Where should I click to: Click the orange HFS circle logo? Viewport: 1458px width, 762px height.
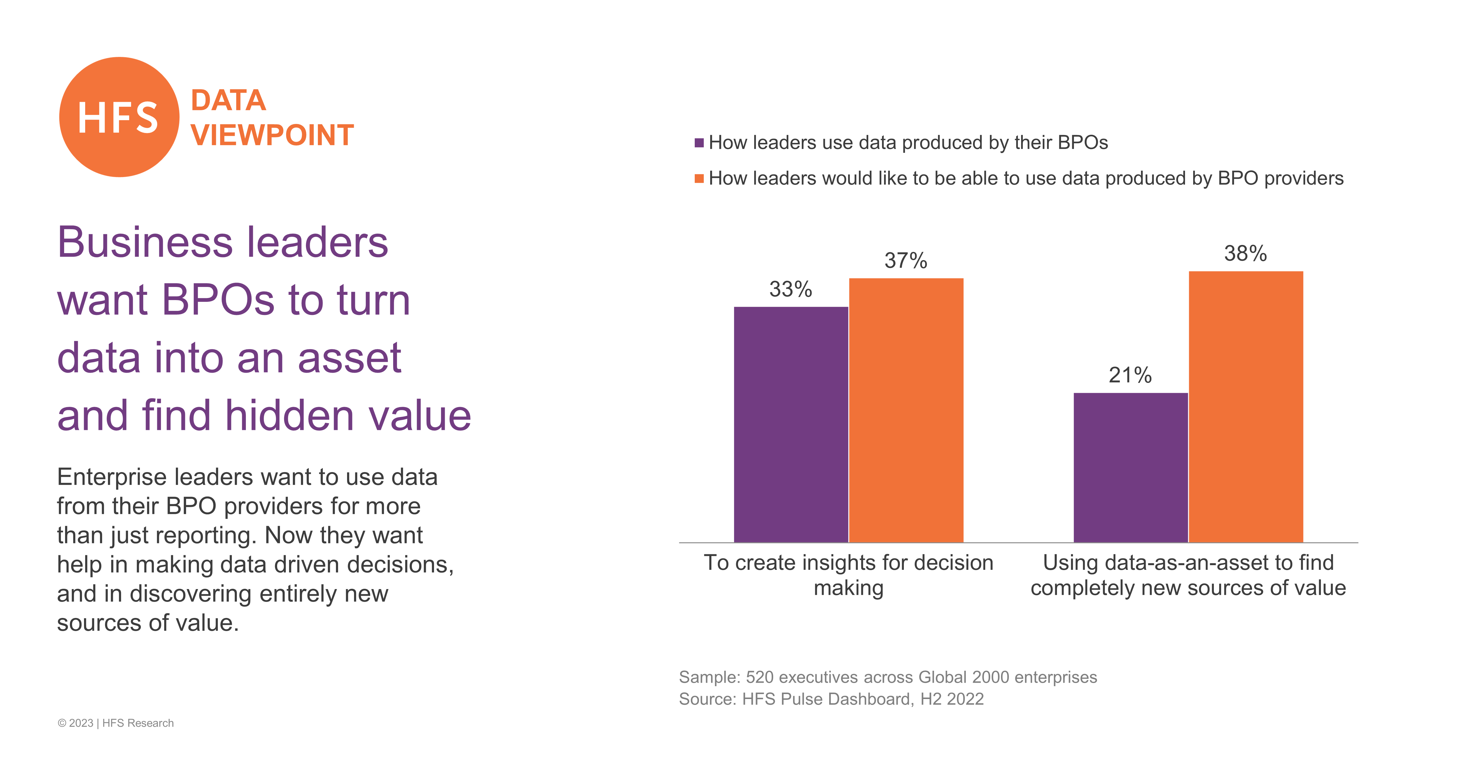(x=119, y=117)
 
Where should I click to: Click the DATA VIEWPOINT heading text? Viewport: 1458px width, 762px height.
(x=272, y=118)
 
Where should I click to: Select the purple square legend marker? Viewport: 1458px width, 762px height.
(x=699, y=143)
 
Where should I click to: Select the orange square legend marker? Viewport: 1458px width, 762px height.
(x=699, y=178)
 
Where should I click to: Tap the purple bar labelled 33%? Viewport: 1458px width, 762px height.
(x=791, y=425)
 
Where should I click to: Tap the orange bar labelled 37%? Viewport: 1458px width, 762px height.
(x=906, y=410)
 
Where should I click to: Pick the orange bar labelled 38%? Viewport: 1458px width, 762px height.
(x=1246, y=407)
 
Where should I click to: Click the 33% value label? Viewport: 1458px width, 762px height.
(x=791, y=289)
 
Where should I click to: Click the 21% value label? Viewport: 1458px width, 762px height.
(x=1130, y=375)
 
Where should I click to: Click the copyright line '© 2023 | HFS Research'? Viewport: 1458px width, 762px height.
(x=115, y=723)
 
